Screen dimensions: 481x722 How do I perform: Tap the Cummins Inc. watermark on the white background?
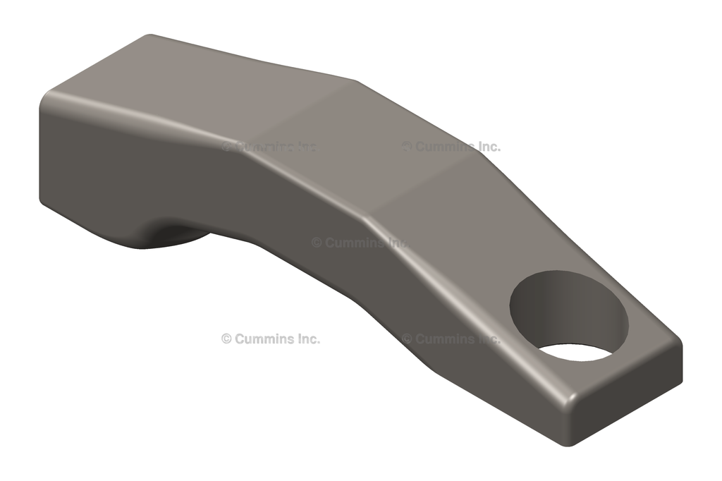[270, 339]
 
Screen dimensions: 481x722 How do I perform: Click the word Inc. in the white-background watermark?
[307, 339]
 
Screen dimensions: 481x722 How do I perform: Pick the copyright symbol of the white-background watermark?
[226, 339]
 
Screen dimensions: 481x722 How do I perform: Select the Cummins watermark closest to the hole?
[451, 339]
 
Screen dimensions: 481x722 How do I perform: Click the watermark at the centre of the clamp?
[360, 243]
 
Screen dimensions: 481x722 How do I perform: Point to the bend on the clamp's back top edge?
[356, 83]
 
